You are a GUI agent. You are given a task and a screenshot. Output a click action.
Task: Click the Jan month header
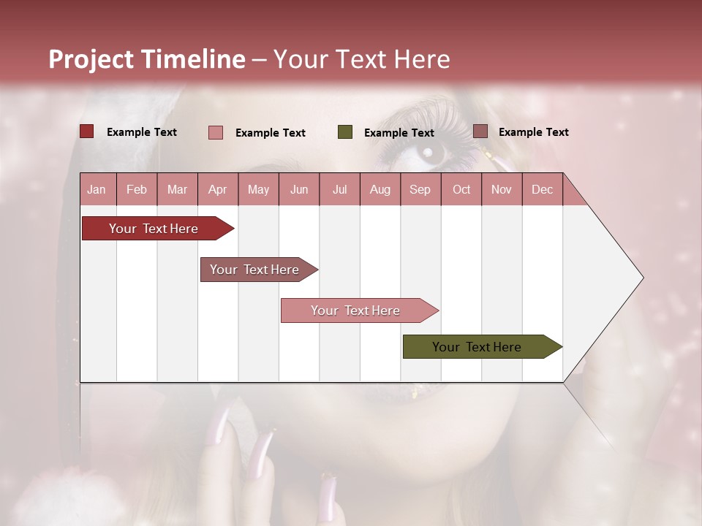[x=97, y=189]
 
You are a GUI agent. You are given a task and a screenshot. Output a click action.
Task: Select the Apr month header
[x=217, y=189]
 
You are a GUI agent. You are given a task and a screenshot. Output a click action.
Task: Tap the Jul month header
[x=339, y=189]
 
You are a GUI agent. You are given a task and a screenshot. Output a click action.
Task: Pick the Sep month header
[x=420, y=189]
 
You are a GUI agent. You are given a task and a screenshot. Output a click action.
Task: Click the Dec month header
[x=542, y=189]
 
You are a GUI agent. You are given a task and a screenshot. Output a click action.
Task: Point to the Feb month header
[x=137, y=189]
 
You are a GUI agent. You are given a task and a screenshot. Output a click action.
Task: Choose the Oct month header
[x=461, y=189]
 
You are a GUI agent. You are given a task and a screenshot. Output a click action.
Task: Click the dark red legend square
[x=86, y=131]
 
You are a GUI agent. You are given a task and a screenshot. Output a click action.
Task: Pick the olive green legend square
[x=345, y=132]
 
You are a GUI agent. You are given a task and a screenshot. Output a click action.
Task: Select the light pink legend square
[x=216, y=132]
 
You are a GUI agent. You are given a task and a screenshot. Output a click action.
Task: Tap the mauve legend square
[x=480, y=131]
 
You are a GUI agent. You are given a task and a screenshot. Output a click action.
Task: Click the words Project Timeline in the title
[x=146, y=59]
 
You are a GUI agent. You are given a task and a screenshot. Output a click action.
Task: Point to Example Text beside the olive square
[x=399, y=133]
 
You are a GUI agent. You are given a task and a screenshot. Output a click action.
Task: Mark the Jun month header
[x=299, y=189]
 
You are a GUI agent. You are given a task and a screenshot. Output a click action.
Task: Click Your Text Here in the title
[x=362, y=59]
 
